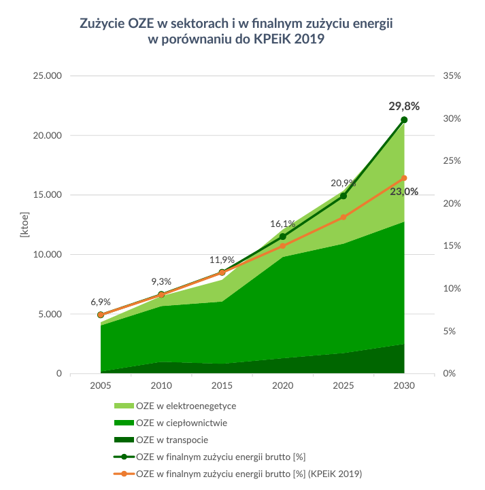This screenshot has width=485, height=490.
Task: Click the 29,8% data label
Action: tap(403, 106)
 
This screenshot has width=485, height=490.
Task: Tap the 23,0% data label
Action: tap(404, 192)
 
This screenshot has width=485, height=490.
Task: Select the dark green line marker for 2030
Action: tap(404, 120)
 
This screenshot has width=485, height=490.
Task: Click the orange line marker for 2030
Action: tap(404, 178)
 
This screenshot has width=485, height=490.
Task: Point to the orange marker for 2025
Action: tap(344, 217)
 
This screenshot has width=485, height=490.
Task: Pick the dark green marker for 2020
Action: tap(283, 237)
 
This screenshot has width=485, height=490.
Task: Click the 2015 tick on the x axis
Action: tap(222, 386)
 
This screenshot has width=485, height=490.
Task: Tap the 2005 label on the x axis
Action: tap(101, 386)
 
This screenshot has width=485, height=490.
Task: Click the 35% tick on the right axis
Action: tap(452, 75)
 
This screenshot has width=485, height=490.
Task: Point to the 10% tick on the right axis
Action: tap(452, 289)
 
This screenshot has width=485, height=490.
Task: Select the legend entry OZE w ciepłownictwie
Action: tap(182, 423)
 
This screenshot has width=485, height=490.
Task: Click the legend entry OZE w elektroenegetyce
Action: tap(186, 406)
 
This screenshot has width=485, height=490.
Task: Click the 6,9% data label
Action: tap(101, 301)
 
